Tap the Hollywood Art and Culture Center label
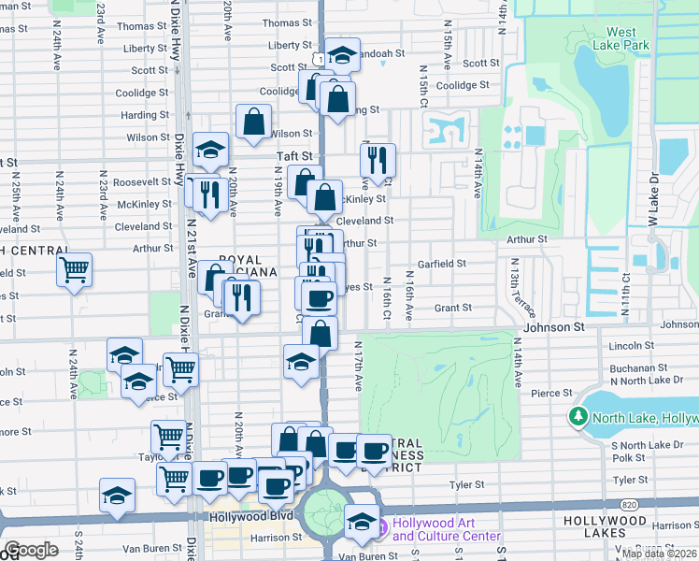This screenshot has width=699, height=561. tap(446, 529)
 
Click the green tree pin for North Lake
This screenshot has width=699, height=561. tap(579, 416)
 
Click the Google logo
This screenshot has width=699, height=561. tap(31, 550)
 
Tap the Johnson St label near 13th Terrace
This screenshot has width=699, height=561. tap(553, 327)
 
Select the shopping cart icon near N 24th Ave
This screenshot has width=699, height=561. tap(74, 270)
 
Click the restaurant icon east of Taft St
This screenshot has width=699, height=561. tap(378, 161)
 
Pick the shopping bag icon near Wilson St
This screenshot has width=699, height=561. tap(253, 122)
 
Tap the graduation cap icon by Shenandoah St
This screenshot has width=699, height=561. tap(343, 55)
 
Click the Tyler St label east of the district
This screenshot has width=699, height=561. tap(464, 485)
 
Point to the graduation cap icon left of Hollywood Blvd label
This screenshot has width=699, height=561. tap(117, 496)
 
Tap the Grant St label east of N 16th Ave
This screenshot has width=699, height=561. tap(453, 308)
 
